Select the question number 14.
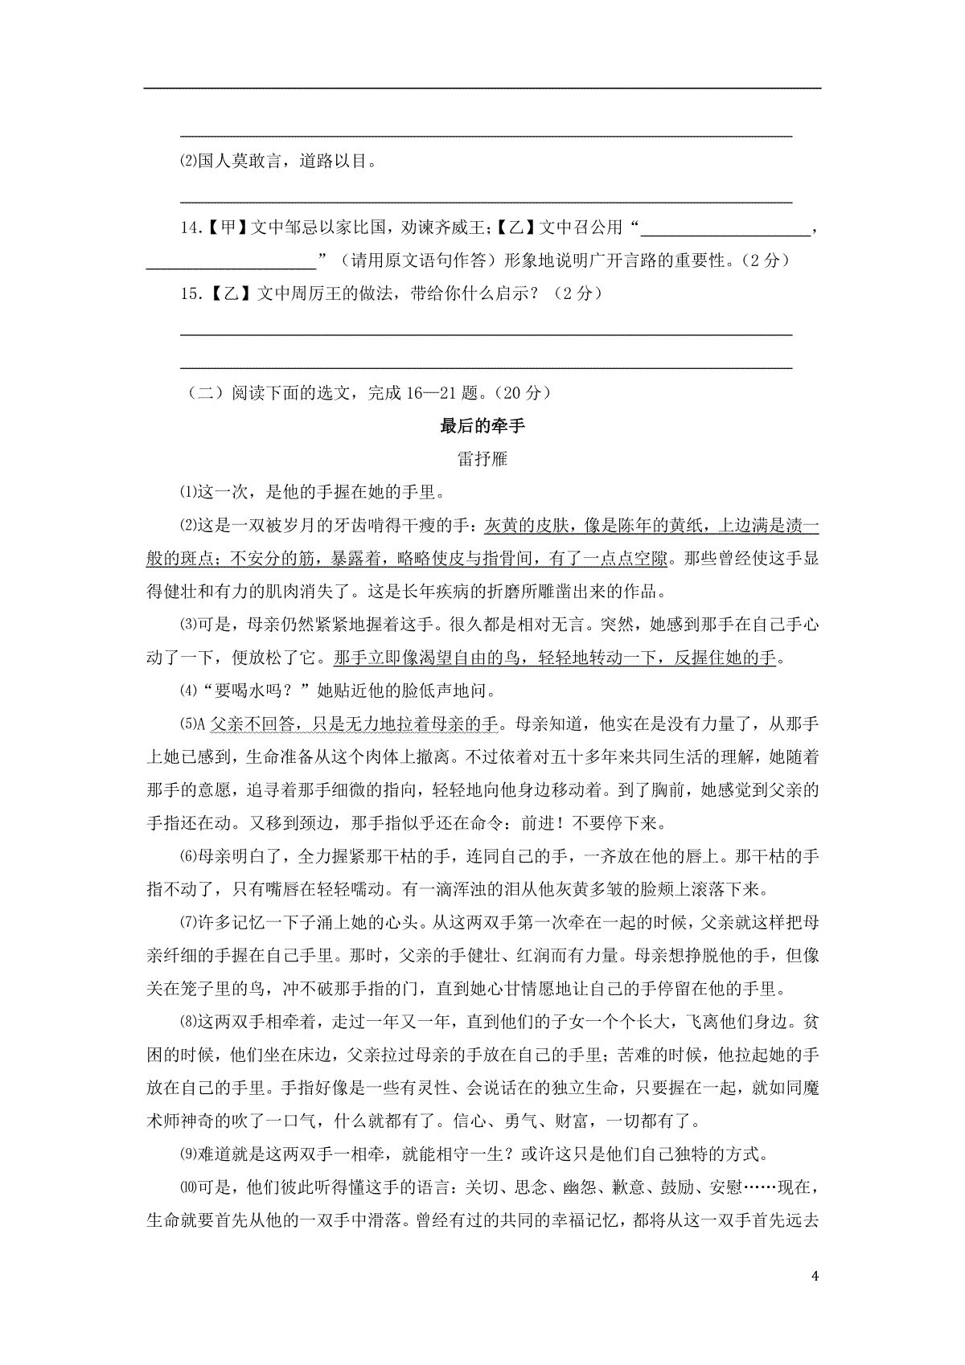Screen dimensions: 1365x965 pyautogui.click(x=189, y=227)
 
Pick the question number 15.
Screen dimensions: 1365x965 pyautogui.click(x=189, y=294)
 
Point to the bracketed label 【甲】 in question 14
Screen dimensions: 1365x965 pyautogui.click(x=225, y=227)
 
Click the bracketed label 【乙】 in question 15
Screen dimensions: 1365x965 pyautogui.click(x=226, y=294)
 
